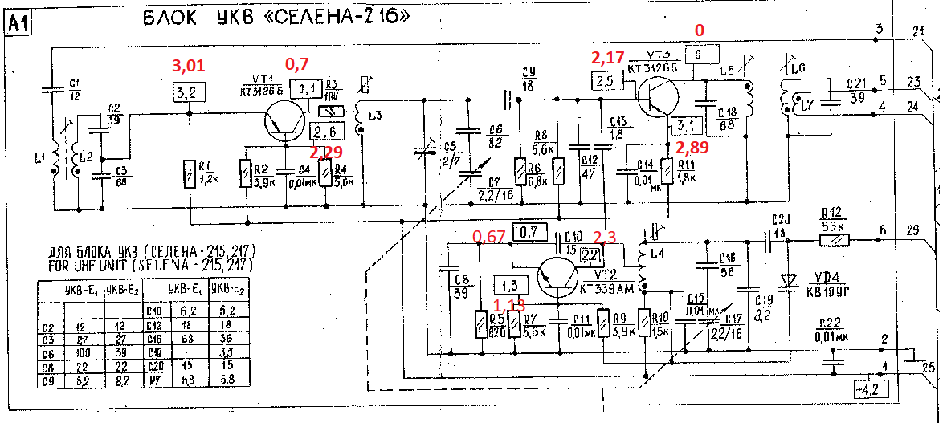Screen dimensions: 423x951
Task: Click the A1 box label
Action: (x=18, y=25)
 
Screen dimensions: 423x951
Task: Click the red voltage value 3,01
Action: (x=189, y=65)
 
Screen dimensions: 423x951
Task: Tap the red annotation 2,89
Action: (x=693, y=147)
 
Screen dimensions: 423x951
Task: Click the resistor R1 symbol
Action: (x=189, y=173)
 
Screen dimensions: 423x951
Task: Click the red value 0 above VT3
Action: (x=699, y=31)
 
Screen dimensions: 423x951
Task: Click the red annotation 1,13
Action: (x=508, y=305)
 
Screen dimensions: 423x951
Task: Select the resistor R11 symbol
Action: (x=666, y=171)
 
